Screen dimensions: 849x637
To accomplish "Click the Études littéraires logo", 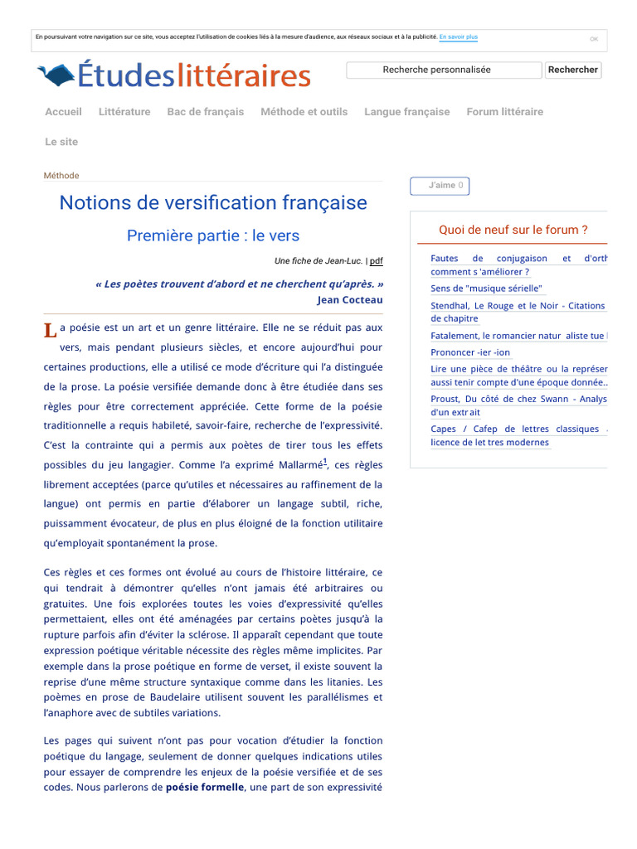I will click(174, 75).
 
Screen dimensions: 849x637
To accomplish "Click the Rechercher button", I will click(572, 70).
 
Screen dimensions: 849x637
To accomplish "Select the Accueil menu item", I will click(63, 112).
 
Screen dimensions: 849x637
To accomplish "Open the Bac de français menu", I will click(205, 112).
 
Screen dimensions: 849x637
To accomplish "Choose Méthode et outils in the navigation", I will click(304, 112).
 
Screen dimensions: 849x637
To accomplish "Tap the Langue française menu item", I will click(406, 112).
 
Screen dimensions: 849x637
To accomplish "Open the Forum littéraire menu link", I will click(504, 112).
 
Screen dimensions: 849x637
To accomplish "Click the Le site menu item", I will click(61, 142).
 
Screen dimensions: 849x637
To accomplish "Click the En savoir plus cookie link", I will click(458, 37).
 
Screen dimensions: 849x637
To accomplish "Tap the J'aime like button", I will click(440, 186).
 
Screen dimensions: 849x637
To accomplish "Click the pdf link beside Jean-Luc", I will click(377, 261).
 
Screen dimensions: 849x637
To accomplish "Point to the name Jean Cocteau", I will click(349, 300).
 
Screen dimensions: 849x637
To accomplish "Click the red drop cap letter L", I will click(50, 331).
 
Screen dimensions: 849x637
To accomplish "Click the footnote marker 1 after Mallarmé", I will click(325, 462).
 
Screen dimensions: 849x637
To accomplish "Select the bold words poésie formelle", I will click(205, 788).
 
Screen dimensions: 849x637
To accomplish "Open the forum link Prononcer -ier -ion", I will click(470, 352).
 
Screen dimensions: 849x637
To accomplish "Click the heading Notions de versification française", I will click(213, 203).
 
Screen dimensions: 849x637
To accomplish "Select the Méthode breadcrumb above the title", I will click(61, 176).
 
